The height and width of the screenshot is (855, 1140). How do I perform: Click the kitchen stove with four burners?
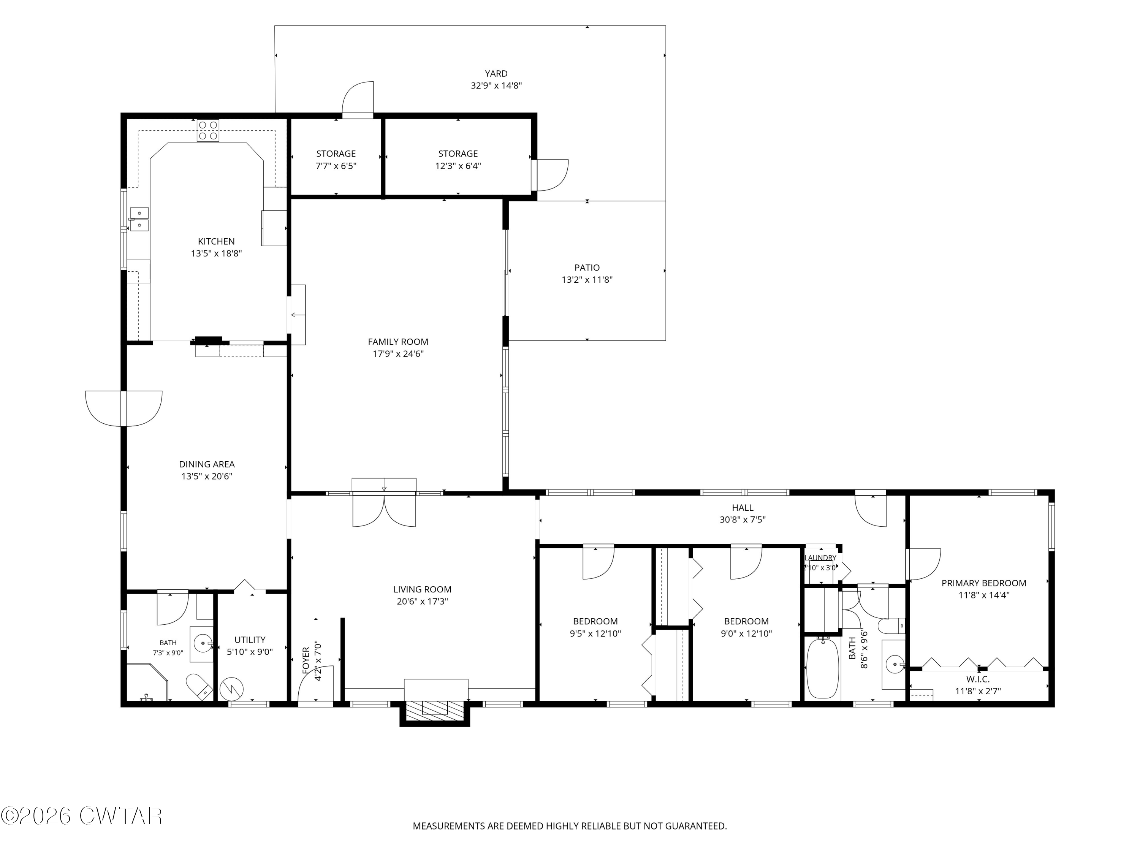(208, 130)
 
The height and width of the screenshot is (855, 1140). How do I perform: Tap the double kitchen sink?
(139, 219)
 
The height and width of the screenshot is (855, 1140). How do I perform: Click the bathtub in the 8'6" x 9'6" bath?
(823, 668)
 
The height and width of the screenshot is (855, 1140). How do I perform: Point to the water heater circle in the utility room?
(231, 689)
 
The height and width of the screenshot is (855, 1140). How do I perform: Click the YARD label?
(496, 74)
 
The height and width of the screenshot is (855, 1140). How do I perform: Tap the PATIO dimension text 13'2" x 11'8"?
(587, 280)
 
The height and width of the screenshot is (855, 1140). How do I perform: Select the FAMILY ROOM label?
(398, 342)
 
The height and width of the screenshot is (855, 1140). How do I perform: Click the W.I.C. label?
(978, 679)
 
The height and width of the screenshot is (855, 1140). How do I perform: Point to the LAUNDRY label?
(820, 557)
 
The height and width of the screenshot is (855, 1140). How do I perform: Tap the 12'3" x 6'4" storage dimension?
(458, 166)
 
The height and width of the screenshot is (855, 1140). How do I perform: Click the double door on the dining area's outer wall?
(123, 408)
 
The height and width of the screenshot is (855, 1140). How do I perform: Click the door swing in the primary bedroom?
(924, 564)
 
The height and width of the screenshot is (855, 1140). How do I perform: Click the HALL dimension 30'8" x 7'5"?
(743, 519)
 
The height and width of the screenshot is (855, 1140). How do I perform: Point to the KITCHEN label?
(217, 241)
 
